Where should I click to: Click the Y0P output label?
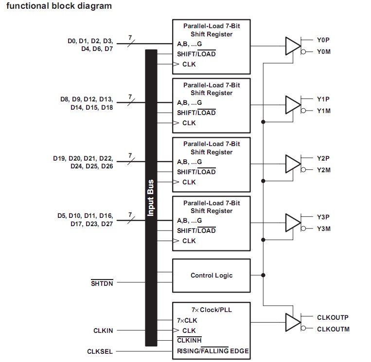pos(323,40)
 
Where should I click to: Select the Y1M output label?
pos(323,111)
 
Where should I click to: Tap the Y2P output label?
pos(323,159)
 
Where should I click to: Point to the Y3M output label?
pos(323,229)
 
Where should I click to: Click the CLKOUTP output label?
pos(333,317)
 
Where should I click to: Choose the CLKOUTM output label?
pos(333,329)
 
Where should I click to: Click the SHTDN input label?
pos(102,283)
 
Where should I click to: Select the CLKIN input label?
pos(103,330)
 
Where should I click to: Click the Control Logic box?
pos(211,276)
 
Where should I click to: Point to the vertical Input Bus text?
pos(151,198)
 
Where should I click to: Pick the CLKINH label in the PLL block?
pos(189,341)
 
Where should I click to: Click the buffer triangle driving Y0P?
pos(293,46)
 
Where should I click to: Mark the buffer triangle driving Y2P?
pos(293,164)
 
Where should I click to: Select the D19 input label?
pos(60,158)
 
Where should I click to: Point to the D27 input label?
pos(106,224)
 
